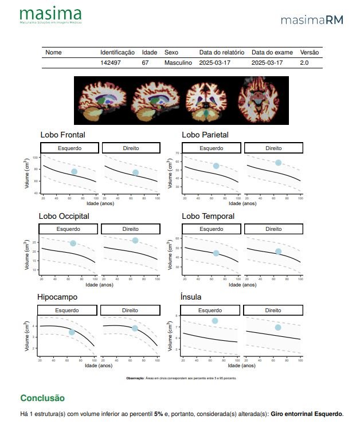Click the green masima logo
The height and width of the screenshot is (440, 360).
point(50,15)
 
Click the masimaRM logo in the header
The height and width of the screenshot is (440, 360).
point(312,20)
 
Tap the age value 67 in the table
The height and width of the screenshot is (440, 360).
point(146,62)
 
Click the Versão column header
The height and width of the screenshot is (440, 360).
point(310,52)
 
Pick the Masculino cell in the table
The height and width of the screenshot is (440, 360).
point(178,62)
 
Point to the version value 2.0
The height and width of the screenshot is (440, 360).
point(304,62)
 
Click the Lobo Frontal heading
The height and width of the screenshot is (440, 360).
point(62,135)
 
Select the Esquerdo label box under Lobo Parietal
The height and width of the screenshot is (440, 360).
point(212,148)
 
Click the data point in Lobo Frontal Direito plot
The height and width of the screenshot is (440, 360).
point(136,172)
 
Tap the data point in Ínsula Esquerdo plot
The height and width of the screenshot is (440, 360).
point(215,321)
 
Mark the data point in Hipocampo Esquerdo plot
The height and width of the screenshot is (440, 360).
point(72,332)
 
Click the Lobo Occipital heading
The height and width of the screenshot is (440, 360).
point(64,216)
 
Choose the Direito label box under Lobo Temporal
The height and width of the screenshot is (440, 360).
point(273,229)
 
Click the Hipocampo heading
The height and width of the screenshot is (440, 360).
point(57,297)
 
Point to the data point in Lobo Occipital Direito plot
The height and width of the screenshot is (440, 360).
point(135,240)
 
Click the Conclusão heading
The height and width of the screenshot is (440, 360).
point(42,398)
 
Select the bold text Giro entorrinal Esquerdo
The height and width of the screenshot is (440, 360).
point(306,414)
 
